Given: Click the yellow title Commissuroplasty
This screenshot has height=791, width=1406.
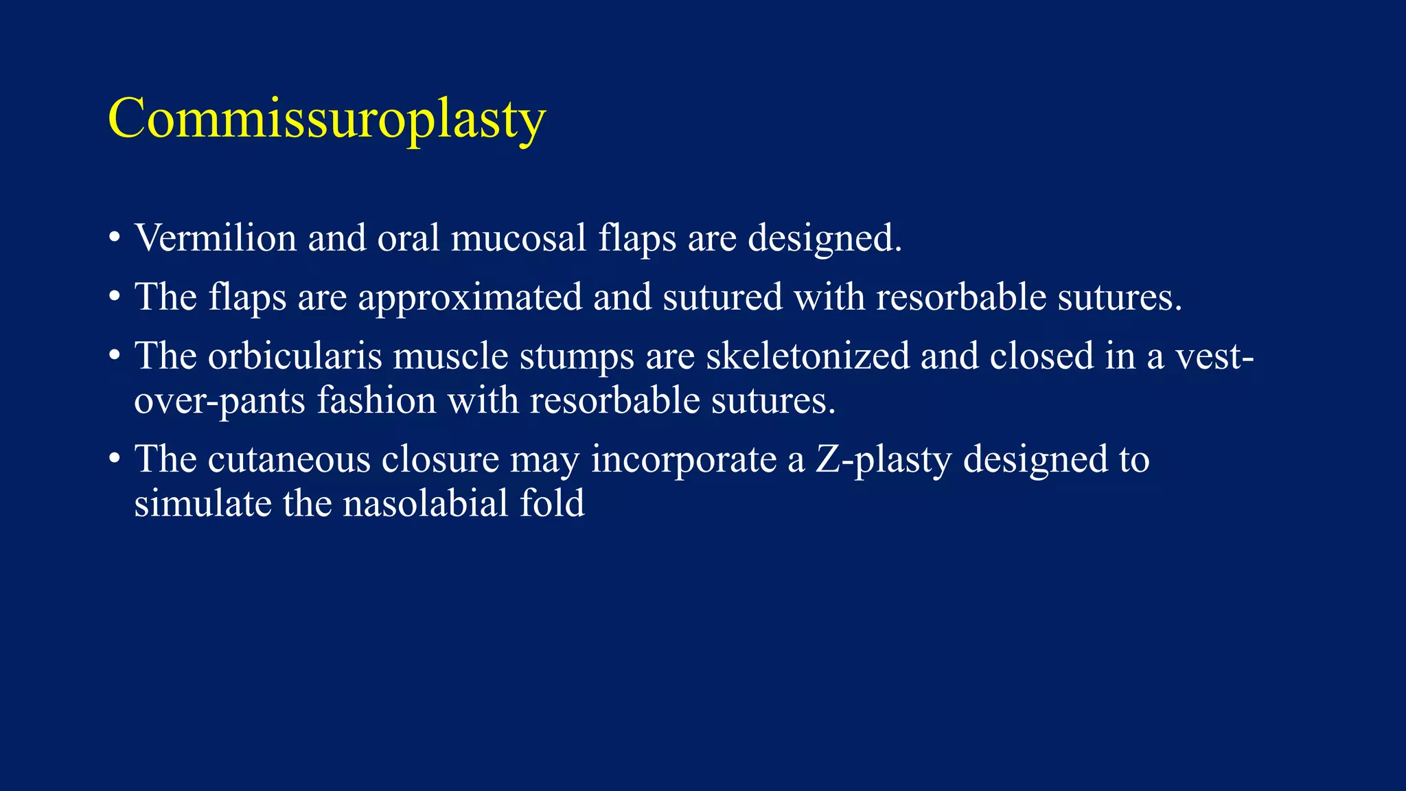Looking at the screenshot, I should [327, 119].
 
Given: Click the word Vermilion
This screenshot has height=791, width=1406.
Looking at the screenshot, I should [216, 238].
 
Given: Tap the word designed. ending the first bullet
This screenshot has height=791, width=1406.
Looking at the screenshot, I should [825, 238].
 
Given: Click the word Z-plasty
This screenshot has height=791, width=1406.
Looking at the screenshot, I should [884, 459].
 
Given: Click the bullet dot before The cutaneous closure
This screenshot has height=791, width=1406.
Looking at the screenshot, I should [115, 460].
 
